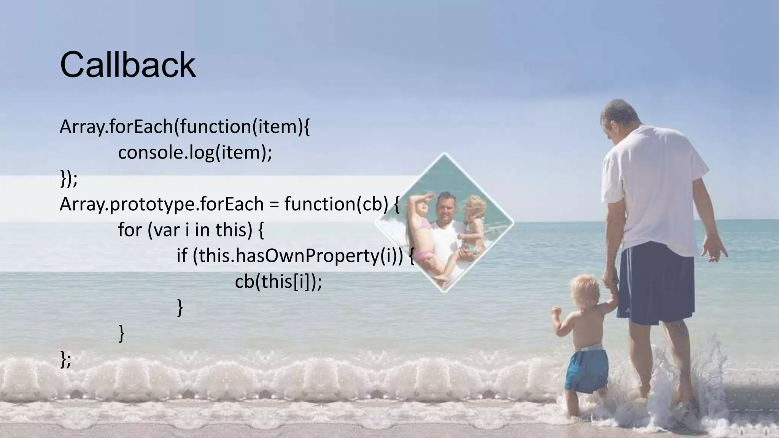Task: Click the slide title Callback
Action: pyautogui.click(x=128, y=65)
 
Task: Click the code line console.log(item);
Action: pyautogui.click(x=195, y=153)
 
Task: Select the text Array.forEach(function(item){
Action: pyautogui.click(x=184, y=127)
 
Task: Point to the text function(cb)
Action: pyautogui.click(x=336, y=204)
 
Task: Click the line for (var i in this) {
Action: pyautogui.click(x=191, y=230)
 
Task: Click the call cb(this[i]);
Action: pyautogui.click(x=278, y=282)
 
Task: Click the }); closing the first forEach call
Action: pyautogui.click(x=68, y=179)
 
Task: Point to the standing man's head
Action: pyautogui.click(x=620, y=118)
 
